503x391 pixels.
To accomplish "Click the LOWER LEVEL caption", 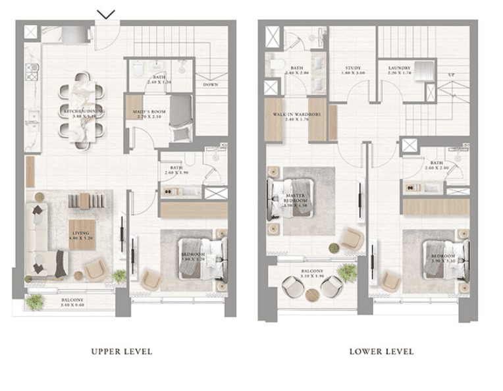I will pyautogui.click(x=381, y=352).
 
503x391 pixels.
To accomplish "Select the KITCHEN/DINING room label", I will pyautogui.click(x=83, y=113).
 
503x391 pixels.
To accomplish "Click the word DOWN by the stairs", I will pyautogui.click(x=211, y=85).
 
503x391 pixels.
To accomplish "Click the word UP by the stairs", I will pyautogui.click(x=451, y=74).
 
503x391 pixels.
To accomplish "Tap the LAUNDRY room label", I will pyautogui.click(x=399, y=68).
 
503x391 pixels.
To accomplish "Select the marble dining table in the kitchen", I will pyautogui.click(x=83, y=111).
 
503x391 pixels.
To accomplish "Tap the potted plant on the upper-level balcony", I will pyautogui.click(x=35, y=302).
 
